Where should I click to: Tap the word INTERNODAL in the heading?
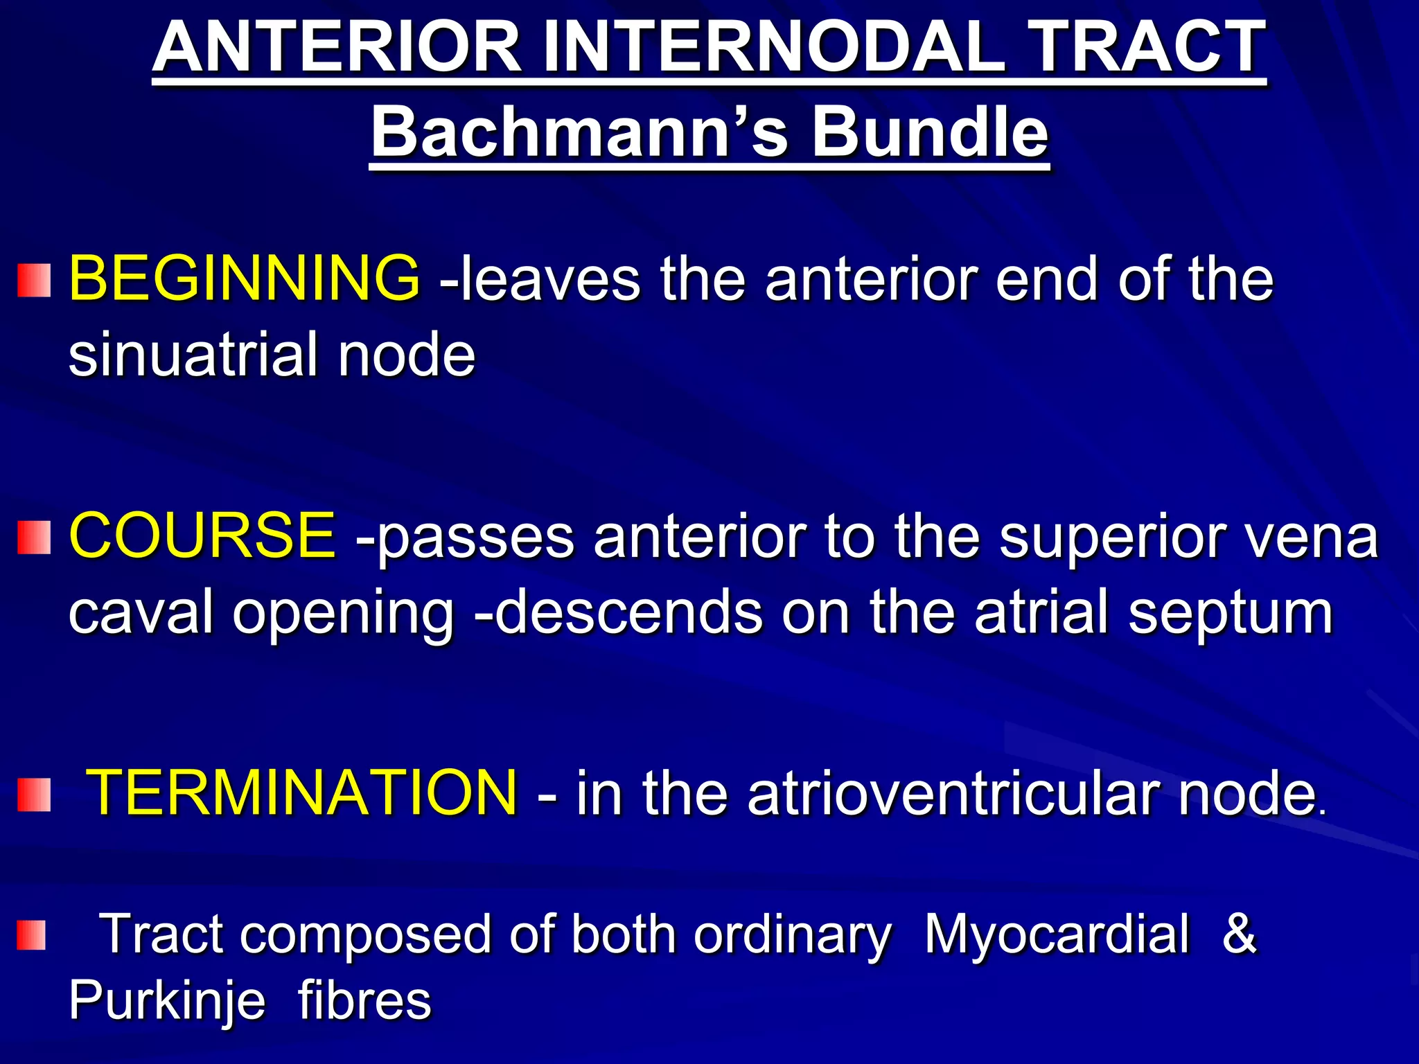point(773,47)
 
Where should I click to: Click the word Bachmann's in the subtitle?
point(579,132)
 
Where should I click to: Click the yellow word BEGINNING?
point(245,278)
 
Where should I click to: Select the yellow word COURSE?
point(202,535)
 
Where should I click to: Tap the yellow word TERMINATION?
point(302,792)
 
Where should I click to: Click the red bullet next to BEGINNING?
point(34,281)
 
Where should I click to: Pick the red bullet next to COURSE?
point(34,538)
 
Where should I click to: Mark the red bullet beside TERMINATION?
point(34,795)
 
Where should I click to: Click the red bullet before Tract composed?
point(31,935)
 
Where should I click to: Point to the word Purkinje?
point(167,1002)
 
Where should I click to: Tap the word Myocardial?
point(1057,934)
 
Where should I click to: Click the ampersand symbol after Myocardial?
point(1240,934)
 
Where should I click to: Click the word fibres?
point(364,1000)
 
